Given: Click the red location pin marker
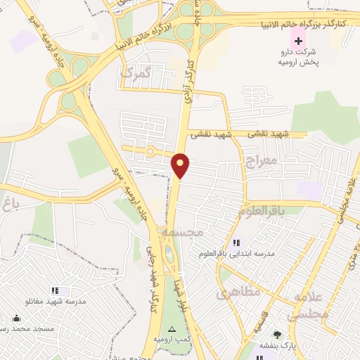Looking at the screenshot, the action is tap(181, 165).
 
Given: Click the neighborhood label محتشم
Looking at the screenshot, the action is tap(182, 231).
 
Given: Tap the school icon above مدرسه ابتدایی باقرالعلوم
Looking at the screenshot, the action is tap(236, 243).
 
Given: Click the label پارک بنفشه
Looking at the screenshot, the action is tap(278, 347).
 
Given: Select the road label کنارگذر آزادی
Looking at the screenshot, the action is tap(190, 81).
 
